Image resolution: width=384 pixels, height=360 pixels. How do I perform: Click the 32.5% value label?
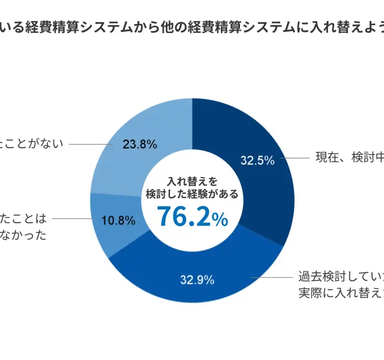(x=257, y=160)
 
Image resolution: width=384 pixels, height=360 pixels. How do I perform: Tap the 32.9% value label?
(x=197, y=279)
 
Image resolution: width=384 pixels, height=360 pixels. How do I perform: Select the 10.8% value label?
(x=118, y=220)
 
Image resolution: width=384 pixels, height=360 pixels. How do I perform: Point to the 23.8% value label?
(x=139, y=144)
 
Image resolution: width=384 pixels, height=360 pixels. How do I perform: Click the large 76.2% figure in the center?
(x=185, y=217)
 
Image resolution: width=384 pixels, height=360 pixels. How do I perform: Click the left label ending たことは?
(x=23, y=219)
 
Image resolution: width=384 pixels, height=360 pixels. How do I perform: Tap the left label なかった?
(x=23, y=235)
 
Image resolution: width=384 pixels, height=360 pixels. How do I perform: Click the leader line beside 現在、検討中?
(x=294, y=158)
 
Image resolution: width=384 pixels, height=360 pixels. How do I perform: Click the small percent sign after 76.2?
(x=220, y=220)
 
